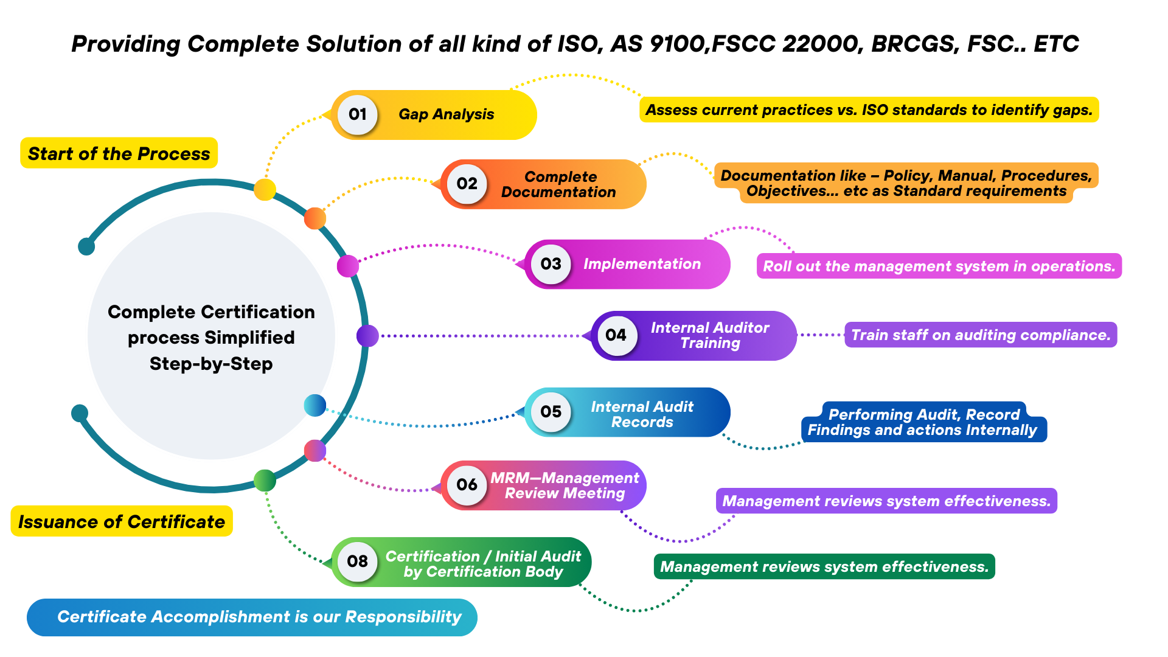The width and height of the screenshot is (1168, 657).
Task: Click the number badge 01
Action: [x=358, y=114]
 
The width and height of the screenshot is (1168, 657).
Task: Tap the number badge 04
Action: [x=616, y=335]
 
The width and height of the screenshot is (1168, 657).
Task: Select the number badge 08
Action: [x=358, y=561]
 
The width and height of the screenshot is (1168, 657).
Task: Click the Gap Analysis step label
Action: [x=446, y=114]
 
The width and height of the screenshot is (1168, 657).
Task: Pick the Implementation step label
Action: [x=642, y=264]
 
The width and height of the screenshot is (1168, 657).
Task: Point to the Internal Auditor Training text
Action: [x=710, y=335]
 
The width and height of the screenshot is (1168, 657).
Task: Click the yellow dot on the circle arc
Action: [x=265, y=189]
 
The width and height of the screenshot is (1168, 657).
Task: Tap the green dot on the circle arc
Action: [x=265, y=481]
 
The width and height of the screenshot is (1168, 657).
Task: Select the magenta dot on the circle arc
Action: [x=348, y=266]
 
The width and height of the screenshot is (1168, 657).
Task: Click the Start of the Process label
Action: [x=119, y=153]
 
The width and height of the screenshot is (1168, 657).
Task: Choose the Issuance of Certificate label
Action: [x=122, y=521]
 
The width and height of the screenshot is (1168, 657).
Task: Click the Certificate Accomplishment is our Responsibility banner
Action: [x=252, y=617]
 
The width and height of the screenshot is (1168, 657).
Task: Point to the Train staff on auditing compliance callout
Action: [x=980, y=335]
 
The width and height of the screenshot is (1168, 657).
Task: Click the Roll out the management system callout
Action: [x=939, y=266]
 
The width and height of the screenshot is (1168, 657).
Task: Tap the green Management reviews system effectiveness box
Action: [x=824, y=567]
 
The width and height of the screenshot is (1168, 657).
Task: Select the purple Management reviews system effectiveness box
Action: [x=886, y=501]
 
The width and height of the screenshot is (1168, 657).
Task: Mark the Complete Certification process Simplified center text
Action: [x=211, y=338]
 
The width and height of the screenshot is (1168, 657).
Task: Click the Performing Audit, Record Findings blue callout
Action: [x=923, y=422]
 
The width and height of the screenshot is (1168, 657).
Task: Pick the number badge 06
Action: [x=467, y=485]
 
